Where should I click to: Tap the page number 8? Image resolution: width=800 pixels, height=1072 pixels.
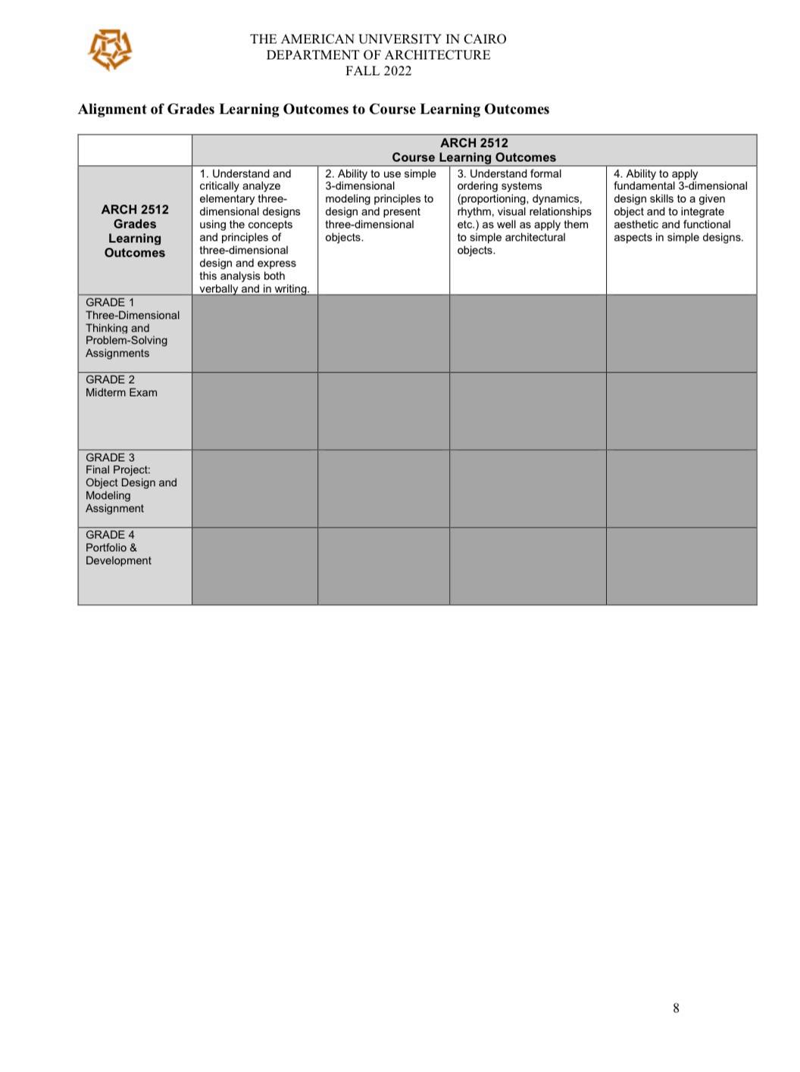(x=676, y=1008)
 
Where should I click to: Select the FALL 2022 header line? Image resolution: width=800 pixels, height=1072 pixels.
(x=378, y=71)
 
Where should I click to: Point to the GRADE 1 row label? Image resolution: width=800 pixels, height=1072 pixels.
(x=110, y=303)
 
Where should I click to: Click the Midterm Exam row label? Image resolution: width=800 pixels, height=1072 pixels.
(x=121, y=392)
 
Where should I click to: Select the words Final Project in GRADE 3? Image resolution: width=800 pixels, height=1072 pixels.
(x=117, y=470)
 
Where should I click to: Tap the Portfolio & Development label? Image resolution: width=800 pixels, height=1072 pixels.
(x=118, y=554)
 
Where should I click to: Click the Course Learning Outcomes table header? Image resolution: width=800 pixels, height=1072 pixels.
(x=473, y=157)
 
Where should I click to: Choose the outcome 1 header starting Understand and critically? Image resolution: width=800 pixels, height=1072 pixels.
(x=254, y=230)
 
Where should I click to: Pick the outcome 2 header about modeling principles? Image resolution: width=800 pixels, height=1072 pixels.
(x=383, y=205)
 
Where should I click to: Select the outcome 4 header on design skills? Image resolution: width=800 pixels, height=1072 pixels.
(x=680, y=205)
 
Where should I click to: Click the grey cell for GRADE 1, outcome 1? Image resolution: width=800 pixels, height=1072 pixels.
(x=255, y=333)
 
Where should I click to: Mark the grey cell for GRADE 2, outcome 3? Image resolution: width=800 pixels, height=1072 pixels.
(x=527, y=411)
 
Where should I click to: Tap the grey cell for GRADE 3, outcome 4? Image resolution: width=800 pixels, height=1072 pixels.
(x=681, y=488)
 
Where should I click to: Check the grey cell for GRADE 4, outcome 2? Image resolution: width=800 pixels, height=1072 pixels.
(x=383, y=566)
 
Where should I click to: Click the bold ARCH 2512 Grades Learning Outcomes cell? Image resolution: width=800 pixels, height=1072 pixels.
(x=135, y=231)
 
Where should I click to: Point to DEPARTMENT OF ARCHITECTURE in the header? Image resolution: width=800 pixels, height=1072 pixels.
(x=378, y=55)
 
